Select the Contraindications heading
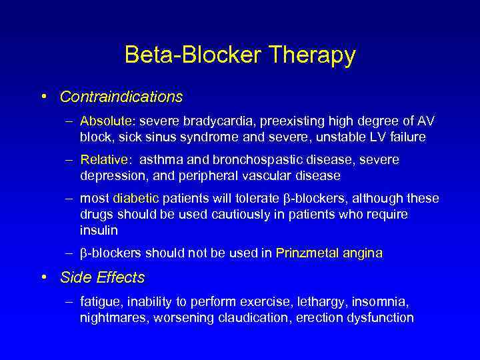[121, 97]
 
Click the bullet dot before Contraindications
[43, 97]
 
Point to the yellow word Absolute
[105, 121]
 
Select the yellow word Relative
[105, 160]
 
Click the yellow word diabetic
[136, 199]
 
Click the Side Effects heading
[102, 277]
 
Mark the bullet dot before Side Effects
[43, 277]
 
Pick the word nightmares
[113, 318]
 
